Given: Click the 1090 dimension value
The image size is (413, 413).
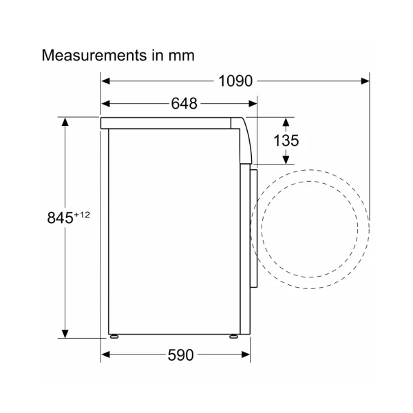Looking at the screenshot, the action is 235,81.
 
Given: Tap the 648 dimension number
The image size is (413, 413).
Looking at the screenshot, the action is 184,103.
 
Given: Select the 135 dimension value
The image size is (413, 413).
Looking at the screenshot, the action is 286,140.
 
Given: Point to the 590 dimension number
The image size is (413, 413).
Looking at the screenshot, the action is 180,354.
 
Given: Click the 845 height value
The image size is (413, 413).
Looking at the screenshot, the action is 60,218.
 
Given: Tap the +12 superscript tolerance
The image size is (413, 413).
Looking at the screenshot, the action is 82,215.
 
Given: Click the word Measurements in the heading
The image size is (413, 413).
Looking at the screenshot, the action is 94,55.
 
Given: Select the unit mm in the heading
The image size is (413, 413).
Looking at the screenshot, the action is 182,56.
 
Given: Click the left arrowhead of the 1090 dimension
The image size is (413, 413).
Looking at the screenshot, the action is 105,81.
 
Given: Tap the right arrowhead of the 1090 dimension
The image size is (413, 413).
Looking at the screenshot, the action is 365,81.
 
